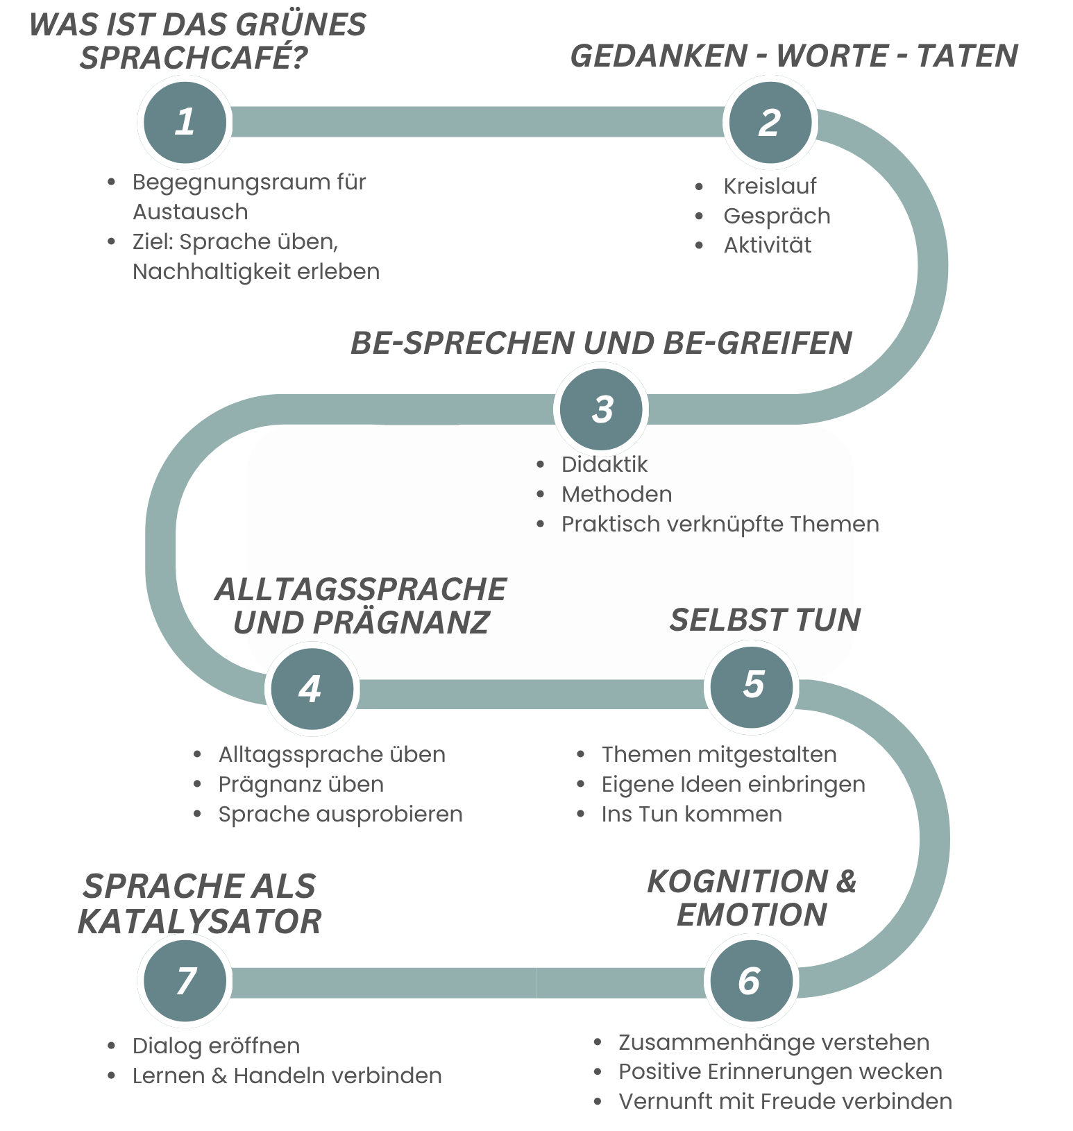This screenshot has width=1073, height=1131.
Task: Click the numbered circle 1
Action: pyautogui.click(x=184, y=122)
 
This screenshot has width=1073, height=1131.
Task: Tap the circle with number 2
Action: pyautogui.click(x=770, y=123)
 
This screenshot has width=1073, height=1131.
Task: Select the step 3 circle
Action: pyautogui.click(x=601, y=409)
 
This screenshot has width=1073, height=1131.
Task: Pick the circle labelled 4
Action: pyautogui.click(x=312, y=688)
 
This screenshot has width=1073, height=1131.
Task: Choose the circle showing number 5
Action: pyautogui.click(x=752, y=686)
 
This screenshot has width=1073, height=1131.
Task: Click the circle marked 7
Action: pyautogui.click(x=185, y=980)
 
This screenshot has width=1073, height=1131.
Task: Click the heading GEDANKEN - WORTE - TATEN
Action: pyautogui.click(x=793, y=56)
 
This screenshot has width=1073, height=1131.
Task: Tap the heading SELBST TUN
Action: pyautogui.click(x=765, y=620)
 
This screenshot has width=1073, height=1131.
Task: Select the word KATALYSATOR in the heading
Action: pyautogui.click(x=200, y=922)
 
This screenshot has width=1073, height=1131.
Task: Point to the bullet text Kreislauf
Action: pyautogui.click(x=770, y=186)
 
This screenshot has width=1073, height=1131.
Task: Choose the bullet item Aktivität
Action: pyautogui.click(x=767, y=245)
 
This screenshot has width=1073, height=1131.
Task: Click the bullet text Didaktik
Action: pyautogui.click(x=604, y=464)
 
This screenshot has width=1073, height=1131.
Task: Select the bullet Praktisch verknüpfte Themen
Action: pyautogui.click(x=720, y=524)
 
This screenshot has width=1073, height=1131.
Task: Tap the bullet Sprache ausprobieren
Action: pyautogui.click(x=340, y=814)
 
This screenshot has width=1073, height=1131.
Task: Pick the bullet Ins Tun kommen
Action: pyautogui.click(x=691, y=814)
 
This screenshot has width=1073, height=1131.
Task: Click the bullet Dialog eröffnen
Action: pyautogui.click(x=216, y=1046)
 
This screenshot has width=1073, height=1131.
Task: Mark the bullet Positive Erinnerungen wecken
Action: pyautogui.click(x=780, y=1071)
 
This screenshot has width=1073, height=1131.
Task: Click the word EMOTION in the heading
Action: pyautogui.click(x=752, y=915)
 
